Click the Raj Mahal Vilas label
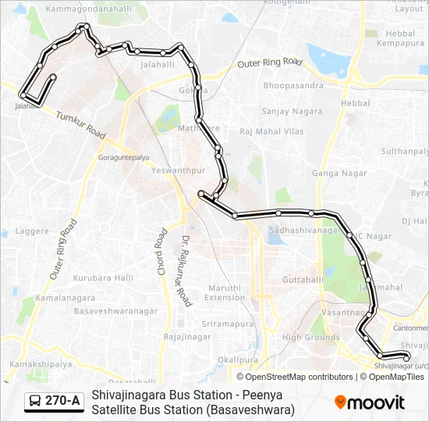[271, 131]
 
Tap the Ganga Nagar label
[334, 173]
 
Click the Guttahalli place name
[303, 279]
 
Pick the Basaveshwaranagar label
[115, 310]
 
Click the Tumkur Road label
[80, 124]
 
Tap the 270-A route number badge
[54, 402]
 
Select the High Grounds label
[310, 338]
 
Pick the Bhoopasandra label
[293, 84]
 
